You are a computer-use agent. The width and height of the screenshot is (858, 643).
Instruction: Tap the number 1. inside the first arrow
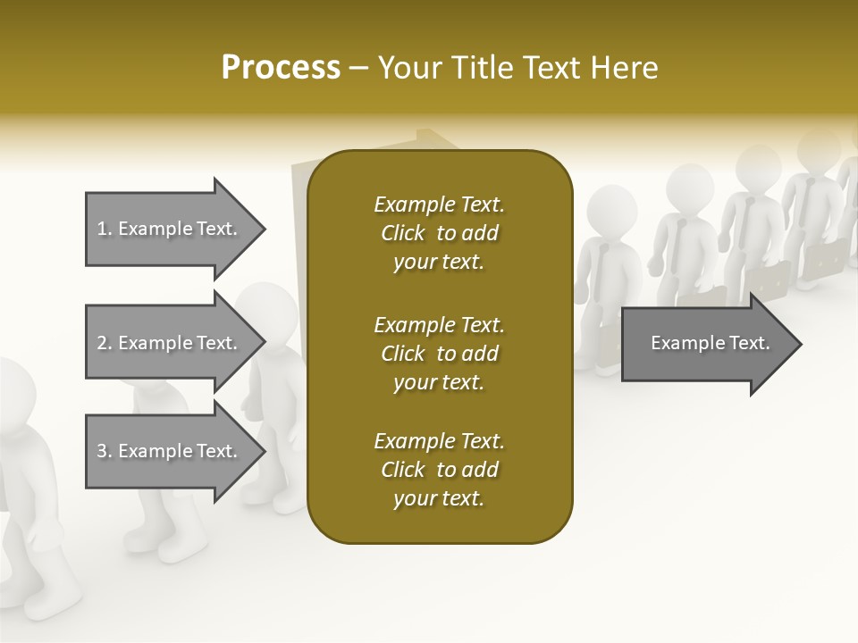(105, 229)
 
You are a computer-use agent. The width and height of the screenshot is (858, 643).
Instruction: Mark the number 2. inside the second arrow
(105, 343)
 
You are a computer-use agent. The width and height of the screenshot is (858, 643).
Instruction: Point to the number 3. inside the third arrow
(105, 451)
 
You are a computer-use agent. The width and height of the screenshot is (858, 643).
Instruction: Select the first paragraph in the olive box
(439, 233)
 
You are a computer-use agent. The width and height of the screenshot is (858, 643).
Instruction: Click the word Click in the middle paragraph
(403, 354)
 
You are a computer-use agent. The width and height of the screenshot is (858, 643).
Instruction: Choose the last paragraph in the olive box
(439, 470)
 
